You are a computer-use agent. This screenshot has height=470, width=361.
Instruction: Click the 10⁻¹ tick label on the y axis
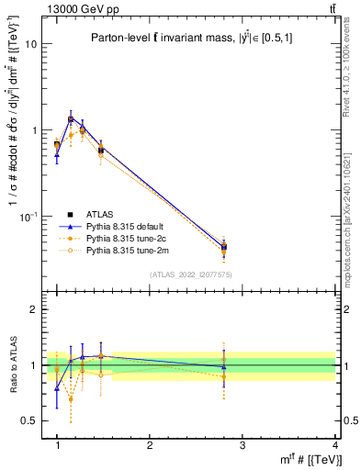pos(28,216)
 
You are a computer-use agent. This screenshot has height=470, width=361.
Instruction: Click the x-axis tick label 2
pos(150,444)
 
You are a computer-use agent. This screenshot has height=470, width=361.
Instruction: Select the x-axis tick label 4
pos(335,444)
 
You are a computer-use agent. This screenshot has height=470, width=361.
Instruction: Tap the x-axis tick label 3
pos(243,444)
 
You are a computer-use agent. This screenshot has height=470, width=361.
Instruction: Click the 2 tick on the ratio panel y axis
pos(34,309)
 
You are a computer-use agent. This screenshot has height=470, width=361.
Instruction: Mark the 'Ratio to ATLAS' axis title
pos(13,365)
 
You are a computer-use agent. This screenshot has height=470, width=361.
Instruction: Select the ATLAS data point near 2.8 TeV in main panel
pos(224,246)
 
